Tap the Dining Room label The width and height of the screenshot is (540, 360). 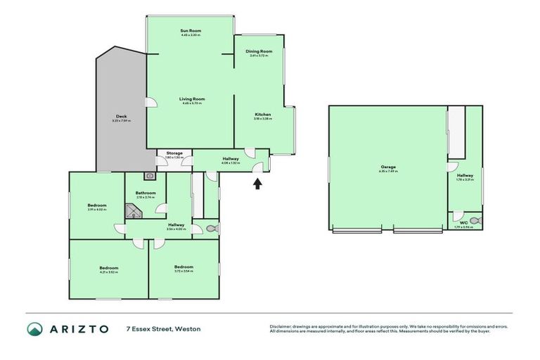coord(259,51)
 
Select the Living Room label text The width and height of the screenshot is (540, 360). coord(191,99)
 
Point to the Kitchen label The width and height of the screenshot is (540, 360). coord(262,115)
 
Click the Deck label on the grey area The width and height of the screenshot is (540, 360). coord(121,117)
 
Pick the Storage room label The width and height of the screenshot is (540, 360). coord(174,154)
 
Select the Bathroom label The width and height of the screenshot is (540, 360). coord(146,193)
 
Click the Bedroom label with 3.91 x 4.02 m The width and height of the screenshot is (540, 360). coord(96,205)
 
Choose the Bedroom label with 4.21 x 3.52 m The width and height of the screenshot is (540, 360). coord(108,267)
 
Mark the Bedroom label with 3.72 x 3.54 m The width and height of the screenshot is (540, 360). coord(184,266)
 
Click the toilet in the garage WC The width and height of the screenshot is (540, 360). coord(475,221)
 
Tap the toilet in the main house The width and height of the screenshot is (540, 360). coord(212,228)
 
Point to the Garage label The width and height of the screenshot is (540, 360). coord(388,167)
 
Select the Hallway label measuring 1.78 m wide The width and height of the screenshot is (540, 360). coord(465,175)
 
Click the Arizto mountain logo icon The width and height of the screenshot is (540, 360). coord(34,329)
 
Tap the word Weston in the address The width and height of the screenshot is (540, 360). coord(188,329)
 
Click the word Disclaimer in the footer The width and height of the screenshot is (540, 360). coord(281,326)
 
